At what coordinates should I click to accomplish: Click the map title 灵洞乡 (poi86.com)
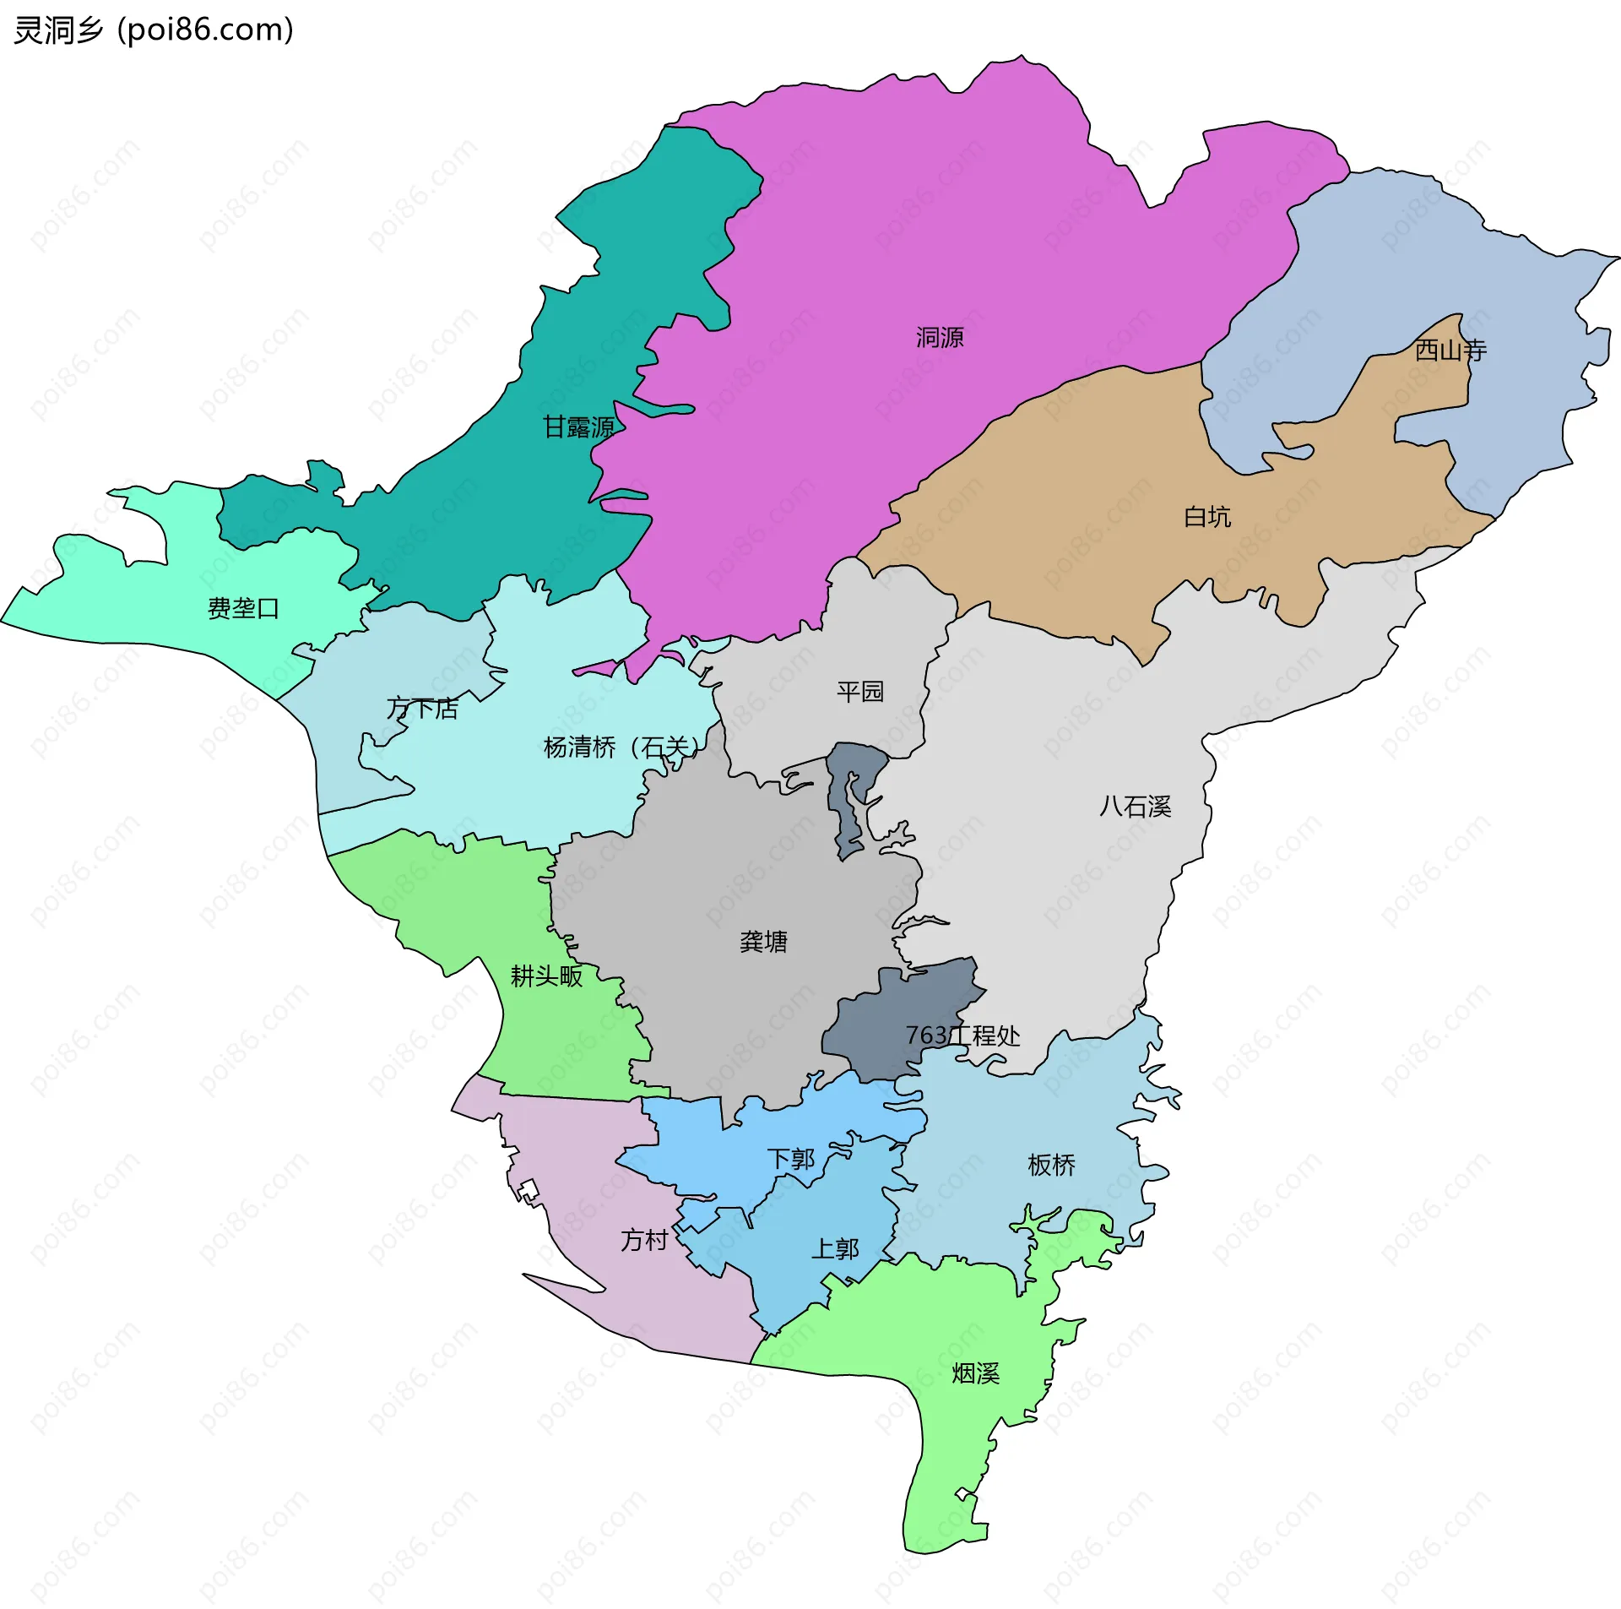click(x=154, y=30)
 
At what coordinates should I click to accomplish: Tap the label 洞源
click(x=940, y=338)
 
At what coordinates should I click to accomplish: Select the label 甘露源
click(x=578, y=427)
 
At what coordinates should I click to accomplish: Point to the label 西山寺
click(x=1450, y=350)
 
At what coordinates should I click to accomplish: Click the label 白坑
click(x=1207, y=516)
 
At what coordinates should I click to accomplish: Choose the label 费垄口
click(x=243, y=608)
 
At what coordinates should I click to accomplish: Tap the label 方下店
click(x=422, y=708)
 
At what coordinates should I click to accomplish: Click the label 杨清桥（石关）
click(x=622, y=747)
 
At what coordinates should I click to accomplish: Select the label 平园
click(x=860, y=692)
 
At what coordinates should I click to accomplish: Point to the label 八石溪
click(x=1136, y=807)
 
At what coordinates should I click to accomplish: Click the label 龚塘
click(x=763, y=941)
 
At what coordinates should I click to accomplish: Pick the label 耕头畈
click(x=546, y=976)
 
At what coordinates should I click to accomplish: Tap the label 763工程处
click(x=962, y=1036)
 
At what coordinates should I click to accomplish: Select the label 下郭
click(x=791, y=1159)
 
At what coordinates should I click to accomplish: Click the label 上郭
click(x=835, y=1248)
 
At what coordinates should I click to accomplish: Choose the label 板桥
click(x=1052, y=1166)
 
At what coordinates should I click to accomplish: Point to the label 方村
click(x=644, y=1240)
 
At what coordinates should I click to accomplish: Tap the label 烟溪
click(x=976, y=1373)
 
